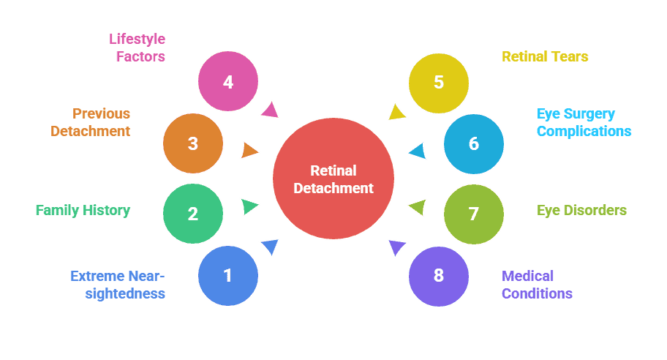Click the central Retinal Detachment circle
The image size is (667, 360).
tap(333, 179)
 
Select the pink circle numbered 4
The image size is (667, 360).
tap(228, 82)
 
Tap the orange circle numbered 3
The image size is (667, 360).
tap(193, 143)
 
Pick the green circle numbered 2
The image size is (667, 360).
tap(193, 214)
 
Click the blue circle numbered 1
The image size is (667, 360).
tap(228, 276)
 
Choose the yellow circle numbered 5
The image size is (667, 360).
tap(439, 82)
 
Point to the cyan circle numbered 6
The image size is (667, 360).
tap(474, 143)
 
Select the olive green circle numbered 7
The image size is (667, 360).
tap(474, 214)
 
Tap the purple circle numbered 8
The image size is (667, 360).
tap(439, 276)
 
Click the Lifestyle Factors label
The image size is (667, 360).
tap(137, 47)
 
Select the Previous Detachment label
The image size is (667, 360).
tap(91, 123)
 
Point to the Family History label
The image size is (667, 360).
tap(83, 211)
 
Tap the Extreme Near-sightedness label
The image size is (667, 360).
tap(118, 285)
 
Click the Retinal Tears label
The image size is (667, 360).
tap(545, 56)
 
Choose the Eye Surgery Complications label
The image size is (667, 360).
tap(584, 123)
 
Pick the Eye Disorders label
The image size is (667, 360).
tap(581, 211)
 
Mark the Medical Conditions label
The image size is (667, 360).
tap(536, 285)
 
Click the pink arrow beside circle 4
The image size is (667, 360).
tap(270, 110)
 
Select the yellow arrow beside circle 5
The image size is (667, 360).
tap(396, 111)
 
